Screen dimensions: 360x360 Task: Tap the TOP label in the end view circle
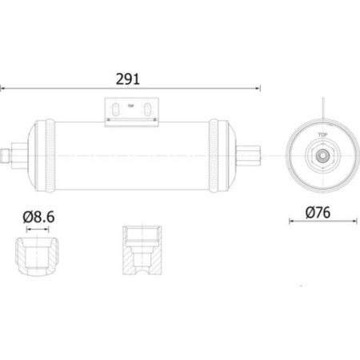pyautogui.click(x=322, y=136)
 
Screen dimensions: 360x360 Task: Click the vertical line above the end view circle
pyautogui.click(x=322, y=108)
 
